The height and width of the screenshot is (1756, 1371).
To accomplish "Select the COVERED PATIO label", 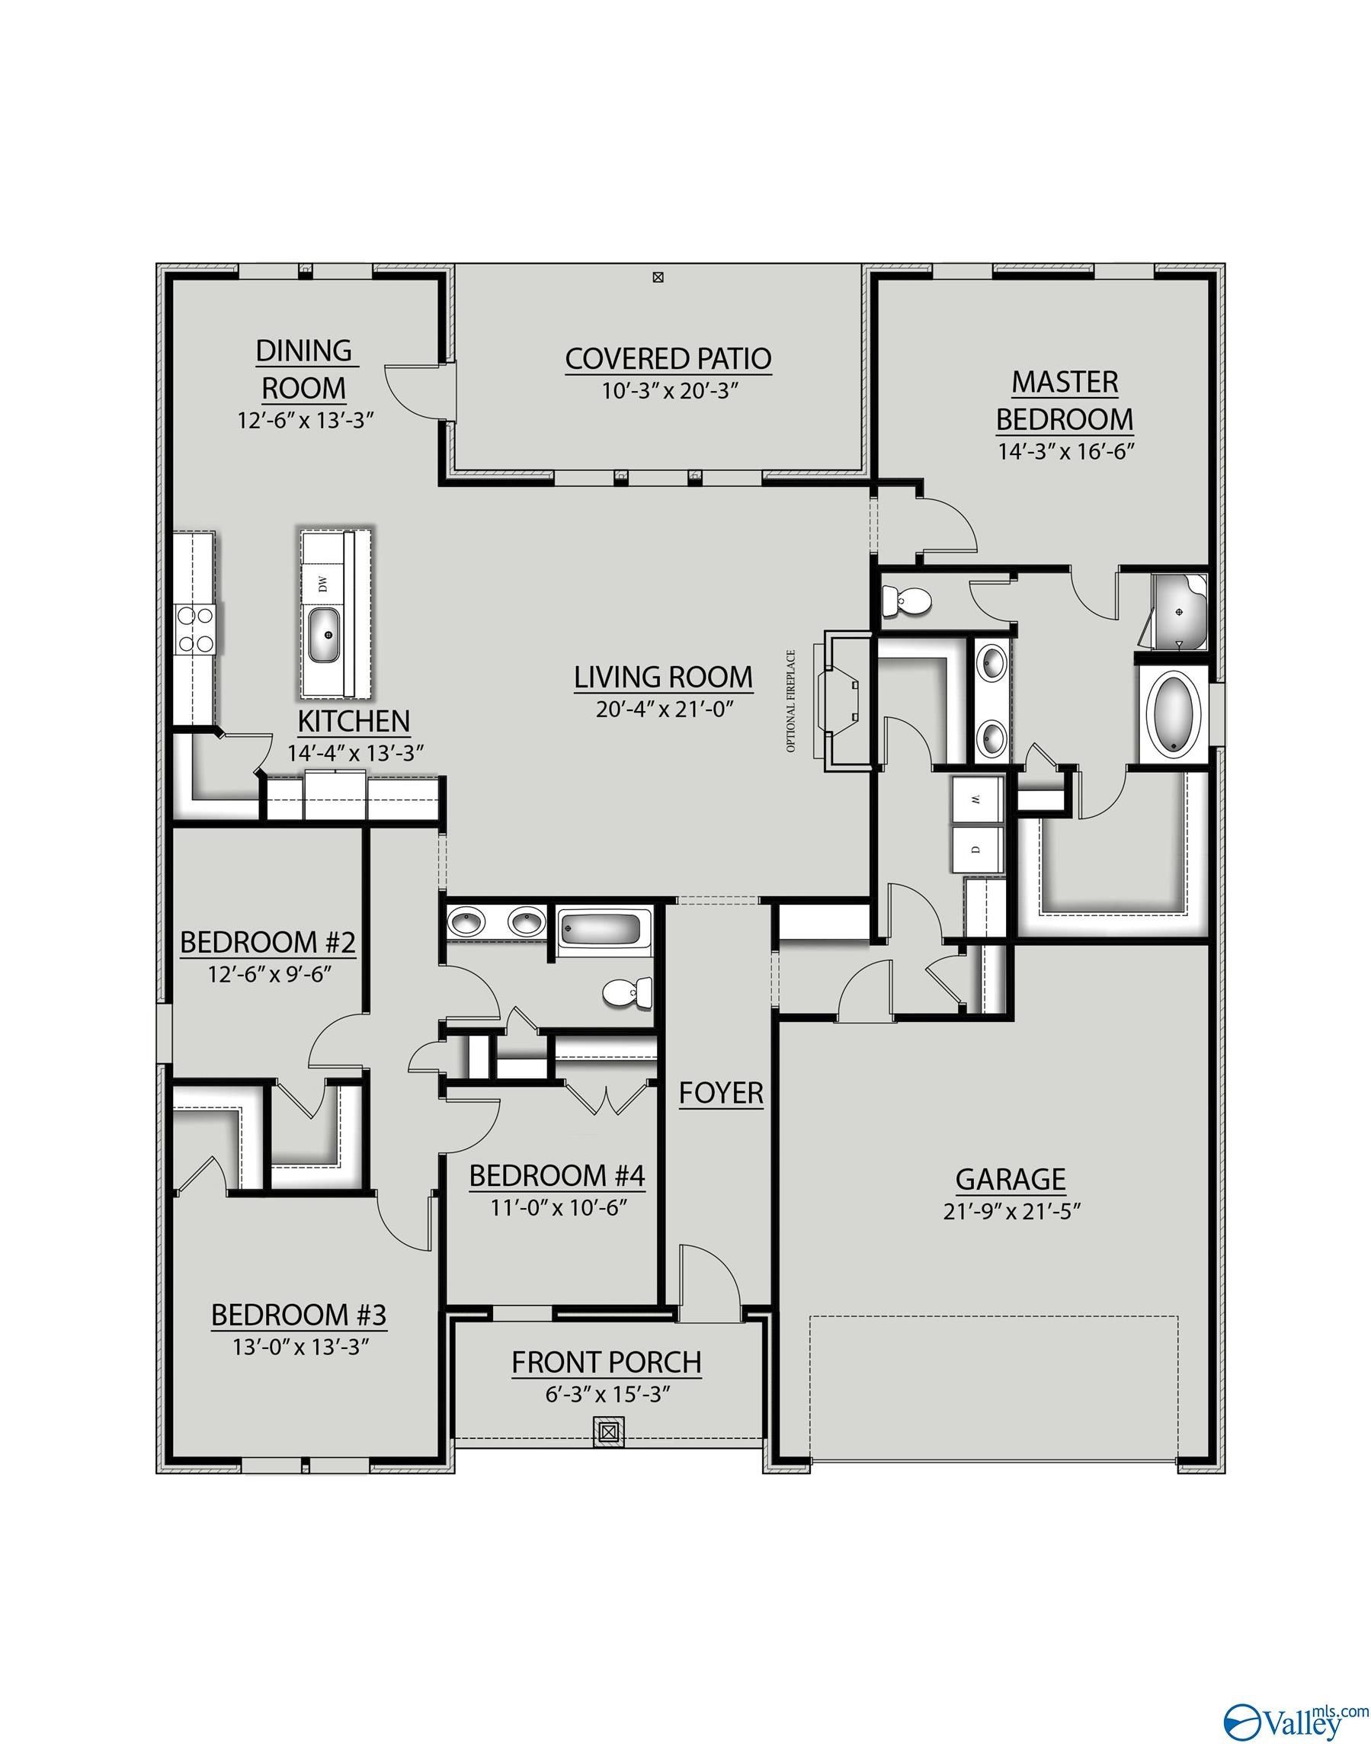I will pyautogui.click(x=668, y=359).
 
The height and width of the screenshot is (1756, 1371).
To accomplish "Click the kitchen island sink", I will pyautogui.click(x=325, y=635).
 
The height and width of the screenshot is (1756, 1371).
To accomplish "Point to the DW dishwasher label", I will pyautogui.click(x=323, y=585).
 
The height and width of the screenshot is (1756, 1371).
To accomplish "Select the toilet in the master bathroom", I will pyautogui.click(x=905, y=600).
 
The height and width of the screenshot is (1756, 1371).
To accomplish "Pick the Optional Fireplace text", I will pyautogui.click(x=791, y=701).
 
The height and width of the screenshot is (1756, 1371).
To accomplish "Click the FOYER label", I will pyautogui.click(x=720, y=1094).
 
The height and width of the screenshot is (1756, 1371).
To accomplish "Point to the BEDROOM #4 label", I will pyautogui.click(x=556, y=1176).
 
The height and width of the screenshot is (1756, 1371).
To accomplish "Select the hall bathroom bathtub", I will pyautogui.click(x=600, y=931).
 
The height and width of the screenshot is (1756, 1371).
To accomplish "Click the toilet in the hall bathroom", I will pyautogui.click(x=628, y=994).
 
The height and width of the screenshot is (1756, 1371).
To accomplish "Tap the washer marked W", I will pyautogui.click(x=976, y=799).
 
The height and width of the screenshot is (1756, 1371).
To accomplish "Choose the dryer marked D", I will pyautogui.click(x=976, y=848).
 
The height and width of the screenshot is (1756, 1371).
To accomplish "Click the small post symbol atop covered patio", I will pyautogui.click(x=658, y=278).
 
